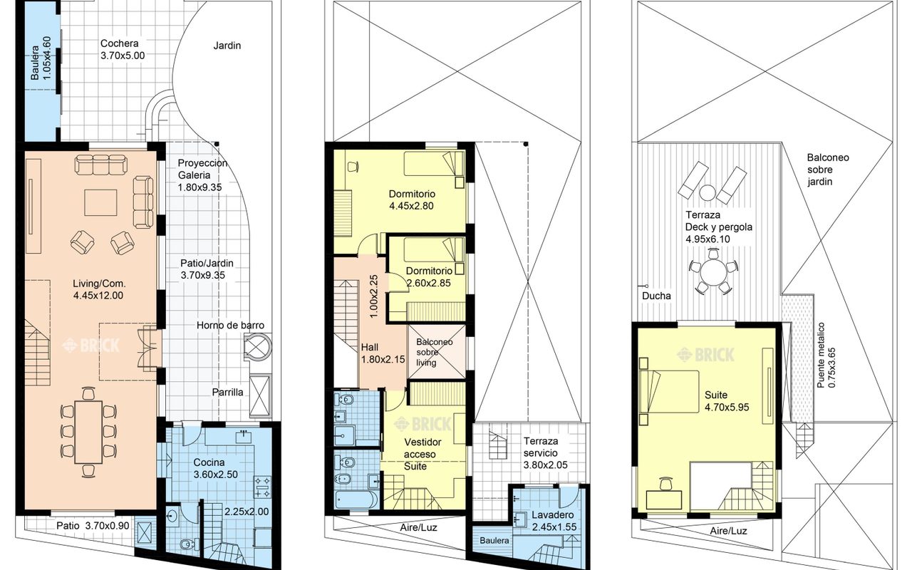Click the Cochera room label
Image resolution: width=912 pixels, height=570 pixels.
pyautogui.click(x=119, y=43)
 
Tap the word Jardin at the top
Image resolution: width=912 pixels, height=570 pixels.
pyautogui.click(x=227, y=46)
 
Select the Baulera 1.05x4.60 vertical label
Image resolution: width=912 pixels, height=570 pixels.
pyautogui.click(x=41, y=58)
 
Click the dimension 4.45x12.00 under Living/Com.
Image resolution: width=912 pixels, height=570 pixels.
pyautogui.click(x=98, y=296)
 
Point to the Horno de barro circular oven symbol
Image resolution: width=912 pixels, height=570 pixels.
pyautogui.click(x=257, y=346)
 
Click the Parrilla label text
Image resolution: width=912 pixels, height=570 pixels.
pyautogui.click(x=227, y=393)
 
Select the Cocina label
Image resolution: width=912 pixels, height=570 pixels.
pyautogui.click(x=209, y=462)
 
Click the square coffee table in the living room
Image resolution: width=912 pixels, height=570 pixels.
pyautogui.click(x=100, y=202)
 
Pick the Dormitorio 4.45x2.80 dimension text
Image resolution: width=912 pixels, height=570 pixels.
pyautogui.click(x=411, y=206)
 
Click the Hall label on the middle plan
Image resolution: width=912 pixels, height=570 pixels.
pyautogui.click(x=370, y=347)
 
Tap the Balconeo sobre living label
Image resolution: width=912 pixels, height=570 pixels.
pyautogui.click(x=435, y=352)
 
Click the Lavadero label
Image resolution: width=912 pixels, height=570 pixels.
pyautogui.click(x=552, y=515)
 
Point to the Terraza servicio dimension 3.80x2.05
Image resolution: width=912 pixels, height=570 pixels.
pyautogui.click(x=546, y=465)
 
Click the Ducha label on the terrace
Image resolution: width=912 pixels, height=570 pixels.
pyautogui.click(x=656, y=296)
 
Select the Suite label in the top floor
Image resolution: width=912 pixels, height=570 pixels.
pyautogui.click(x=716, y=395)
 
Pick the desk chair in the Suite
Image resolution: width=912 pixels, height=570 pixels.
pyautogui.click(x=665, y=484)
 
